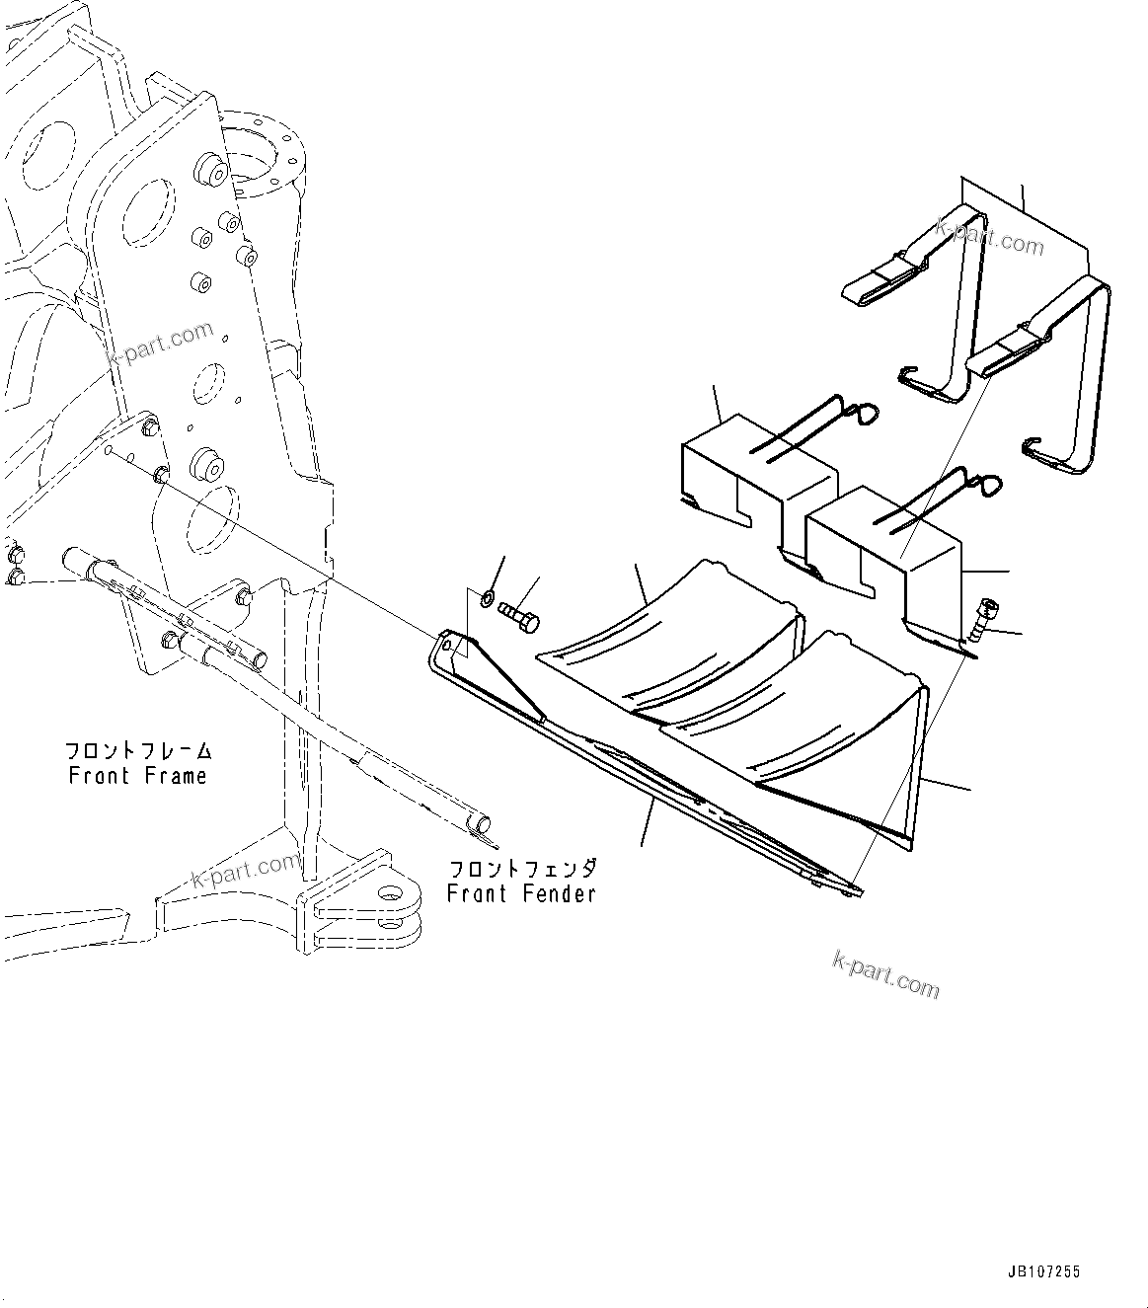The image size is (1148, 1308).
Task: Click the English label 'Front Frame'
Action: click(x=138, y=776)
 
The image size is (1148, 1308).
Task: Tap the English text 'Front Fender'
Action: click(x=521, y=894)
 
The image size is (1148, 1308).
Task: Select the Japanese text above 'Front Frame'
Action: click(x=138, y=751)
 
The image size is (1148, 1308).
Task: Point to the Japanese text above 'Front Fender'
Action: click(x=522, y=870)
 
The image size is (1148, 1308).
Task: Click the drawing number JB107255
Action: click(x=1045, y=1272)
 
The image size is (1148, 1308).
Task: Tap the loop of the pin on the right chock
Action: click(x=988, y=485)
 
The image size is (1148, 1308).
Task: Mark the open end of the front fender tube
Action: click(x=481, y=823)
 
